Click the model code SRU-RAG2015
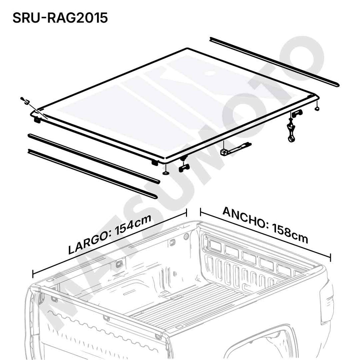[60, 18]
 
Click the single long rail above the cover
[274, 62]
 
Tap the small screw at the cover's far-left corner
[25, 100]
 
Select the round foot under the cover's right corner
[317, 108]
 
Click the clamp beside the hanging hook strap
[297, 113]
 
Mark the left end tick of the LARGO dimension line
[33, 274]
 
